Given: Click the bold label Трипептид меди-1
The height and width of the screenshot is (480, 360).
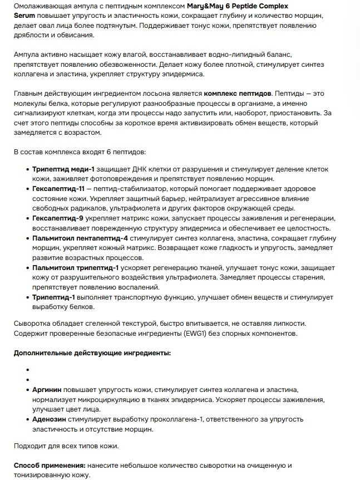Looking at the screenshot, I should coord(64,169).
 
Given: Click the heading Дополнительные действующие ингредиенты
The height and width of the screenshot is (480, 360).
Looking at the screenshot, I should coord(92,353).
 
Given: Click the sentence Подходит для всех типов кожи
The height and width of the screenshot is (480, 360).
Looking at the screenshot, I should coord(66,445).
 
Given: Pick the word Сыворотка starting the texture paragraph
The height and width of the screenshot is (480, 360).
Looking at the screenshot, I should coord(33,324).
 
